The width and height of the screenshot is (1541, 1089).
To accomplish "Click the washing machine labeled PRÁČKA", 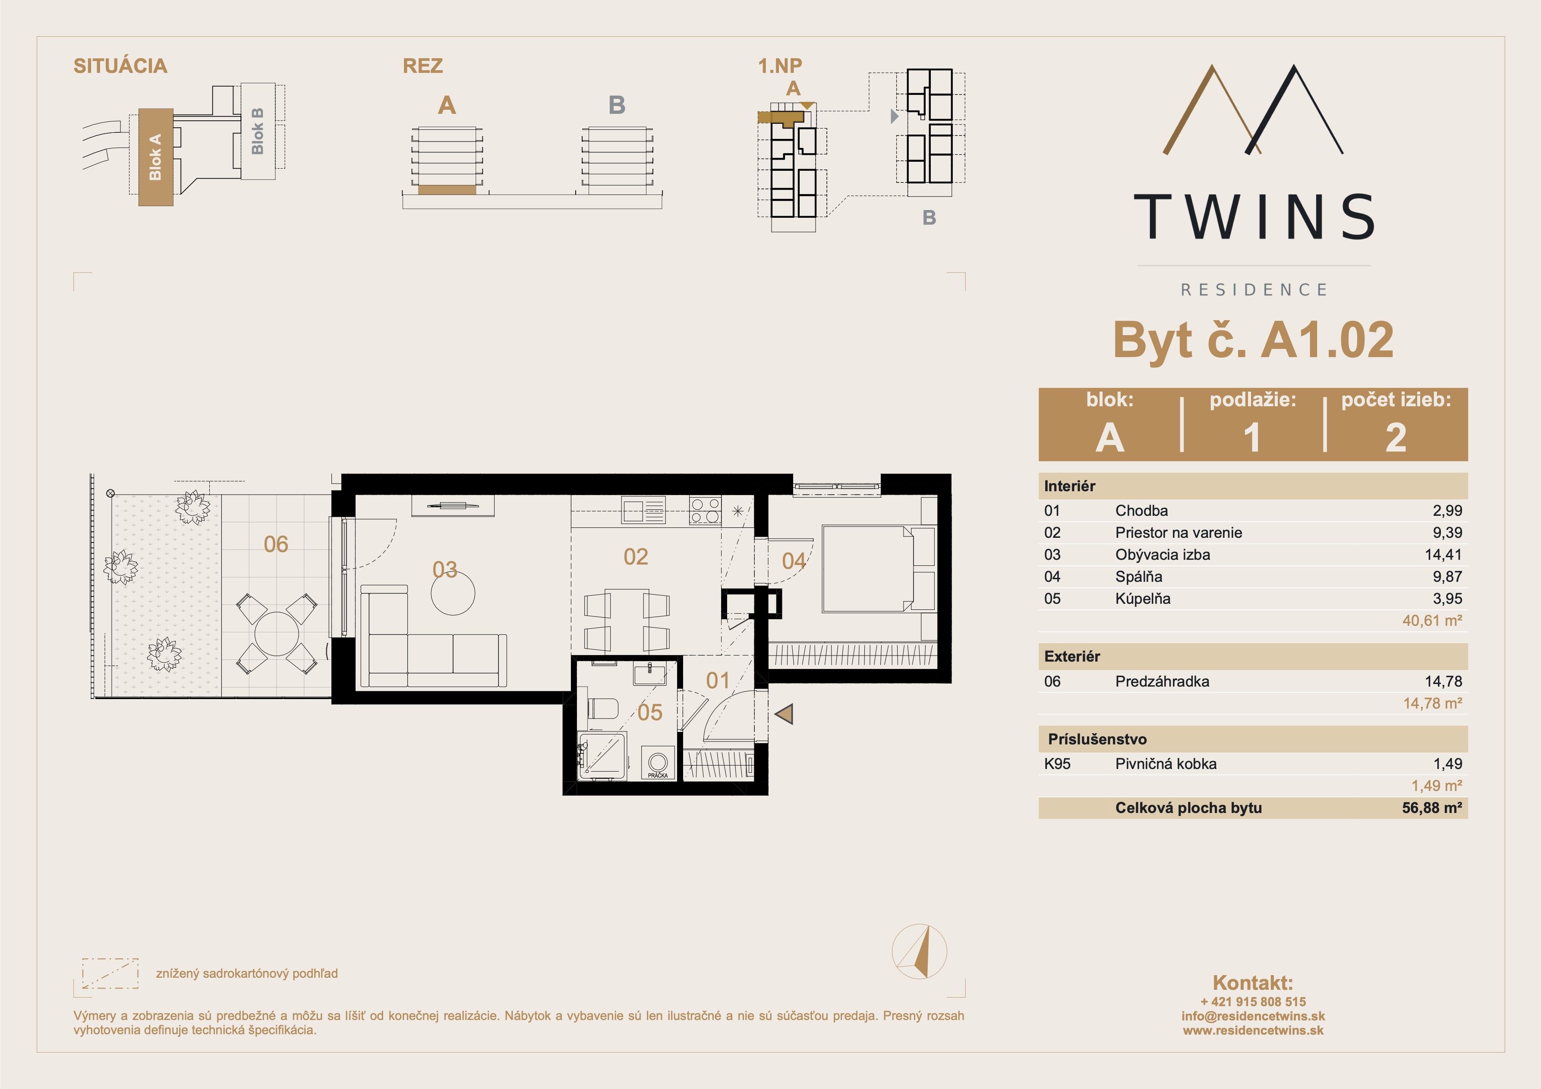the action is [x=658, y=763].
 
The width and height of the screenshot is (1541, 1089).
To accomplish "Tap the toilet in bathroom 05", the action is [x=603, y=709].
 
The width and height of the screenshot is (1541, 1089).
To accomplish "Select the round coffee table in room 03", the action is [x=453, y=593].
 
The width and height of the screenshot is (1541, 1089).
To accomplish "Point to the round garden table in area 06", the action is [x=277, y=634].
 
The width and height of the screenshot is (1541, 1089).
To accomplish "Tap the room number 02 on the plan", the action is [x=636, y=557].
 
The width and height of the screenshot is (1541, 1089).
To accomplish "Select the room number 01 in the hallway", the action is [x=718, y=681].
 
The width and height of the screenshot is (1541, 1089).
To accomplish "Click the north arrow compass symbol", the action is [x=920, y=951].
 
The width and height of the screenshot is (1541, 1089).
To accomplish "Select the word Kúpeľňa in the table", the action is [x=1142, y=599].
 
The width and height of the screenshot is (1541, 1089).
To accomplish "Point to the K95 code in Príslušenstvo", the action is [x=1057, y=763].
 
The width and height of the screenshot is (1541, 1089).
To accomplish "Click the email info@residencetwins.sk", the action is [x=1253, y=1016].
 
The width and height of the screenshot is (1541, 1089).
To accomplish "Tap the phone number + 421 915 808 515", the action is [x=1253, y=1001].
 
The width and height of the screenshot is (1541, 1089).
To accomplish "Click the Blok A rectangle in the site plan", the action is [x=156, y=157].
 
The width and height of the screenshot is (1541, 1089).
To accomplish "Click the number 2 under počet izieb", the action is [x=1396, y=437].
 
